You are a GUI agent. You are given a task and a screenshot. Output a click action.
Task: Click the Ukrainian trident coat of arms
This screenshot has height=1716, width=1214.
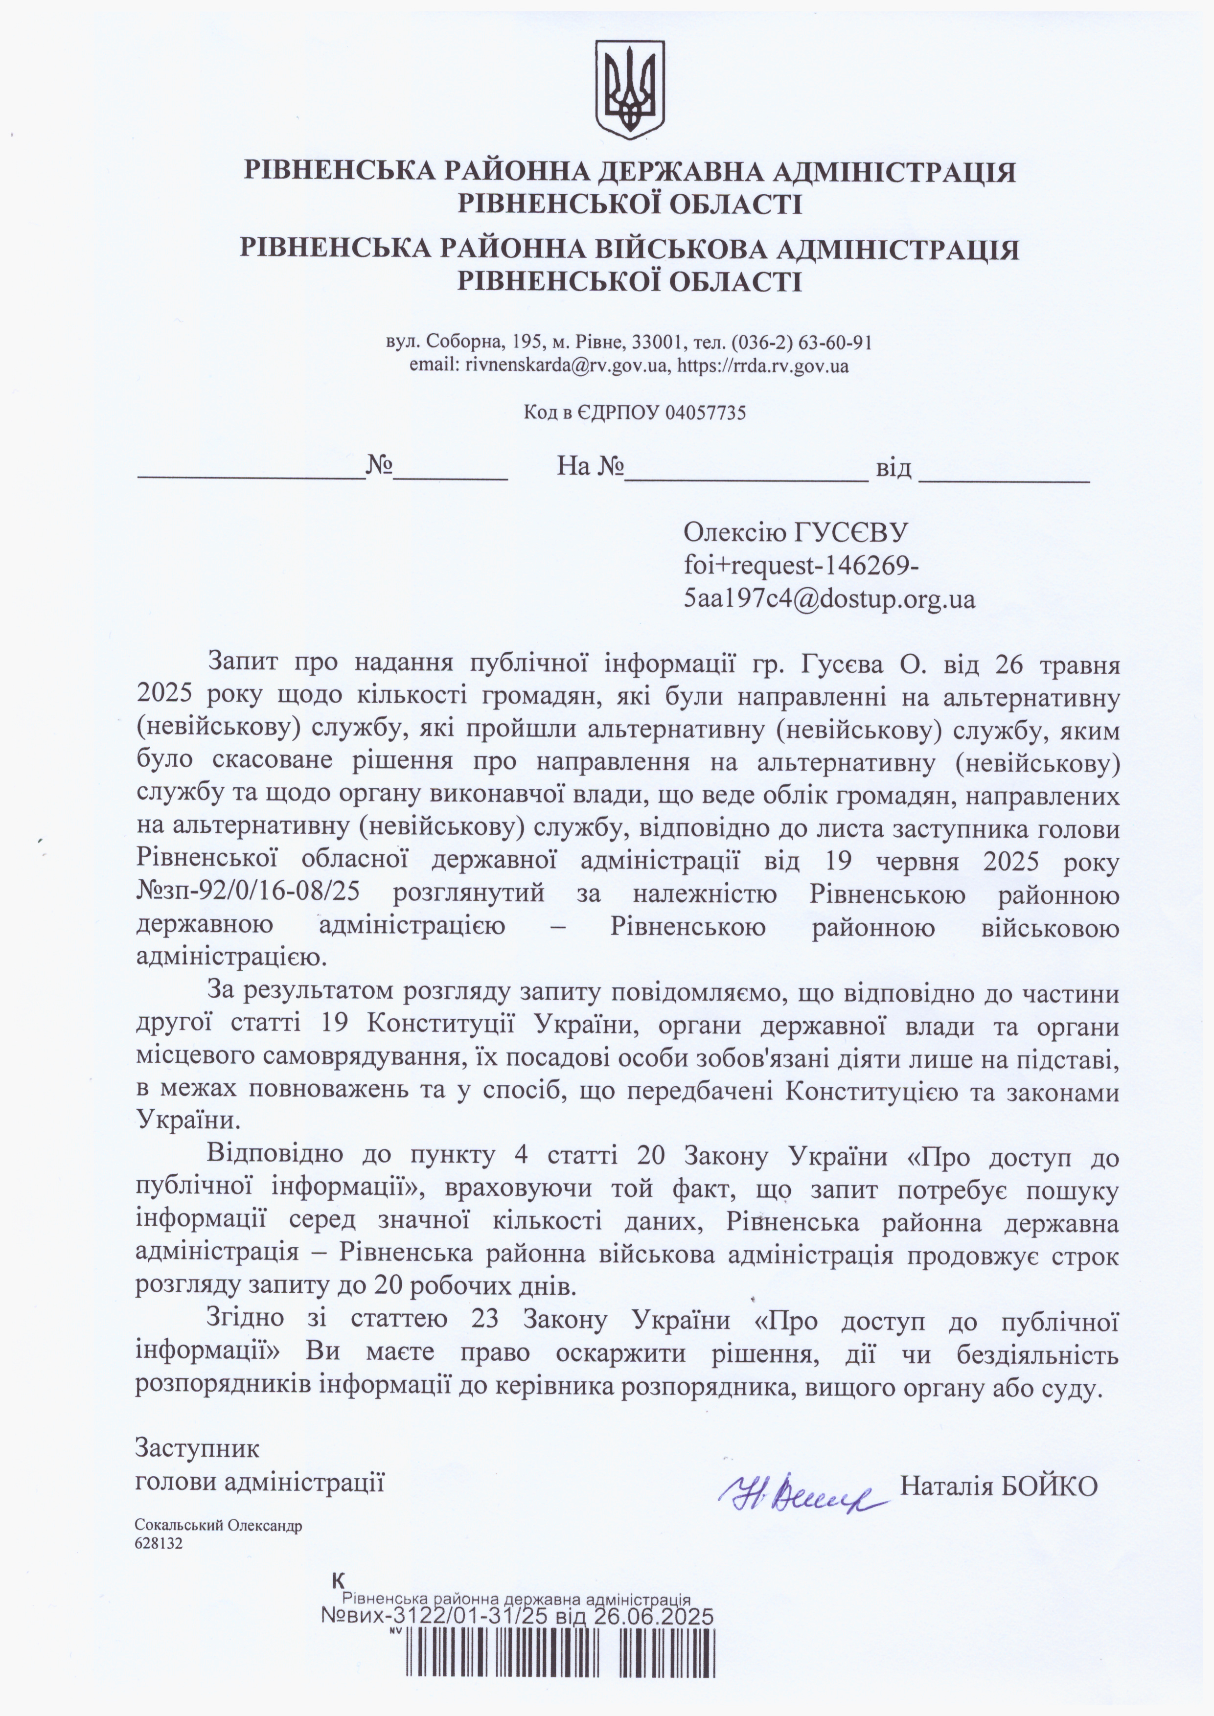tap(629, 89)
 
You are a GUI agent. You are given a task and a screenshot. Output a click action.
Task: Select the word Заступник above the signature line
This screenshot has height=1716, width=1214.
tap(197, 1448)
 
